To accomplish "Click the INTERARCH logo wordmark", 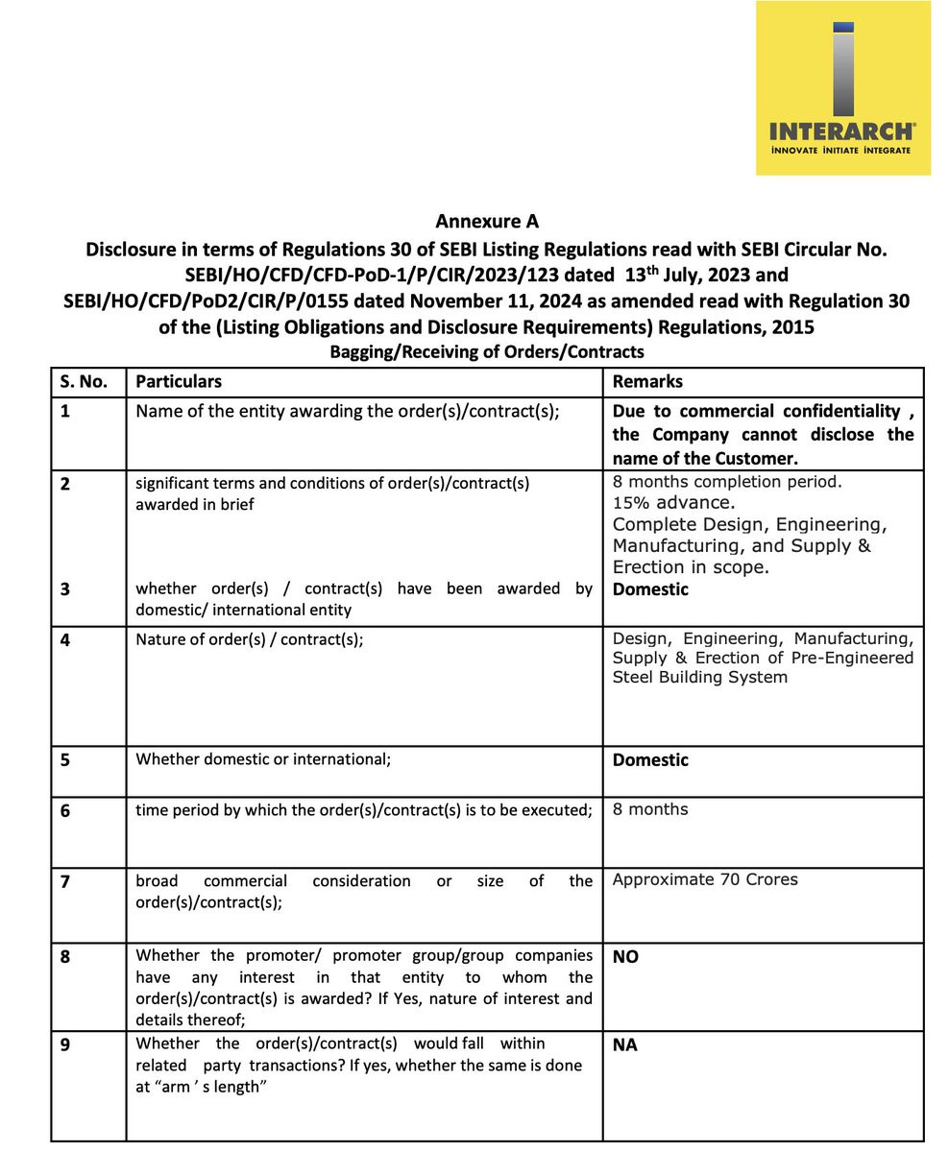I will pos(842,131).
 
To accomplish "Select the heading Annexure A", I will pos(487,221).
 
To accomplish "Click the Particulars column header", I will pos(179,381).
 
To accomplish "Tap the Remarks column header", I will pos(647,381).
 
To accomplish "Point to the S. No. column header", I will pos(84,381).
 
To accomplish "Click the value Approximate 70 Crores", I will pos(705,879).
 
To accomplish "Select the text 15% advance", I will pos(674,502).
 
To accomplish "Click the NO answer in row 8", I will pos(625,956).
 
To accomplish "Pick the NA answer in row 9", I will pos(625,1044).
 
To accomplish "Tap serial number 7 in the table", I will pos(65,881).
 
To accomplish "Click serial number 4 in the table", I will pos(65,639).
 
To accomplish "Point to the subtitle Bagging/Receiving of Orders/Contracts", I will pos(487,351).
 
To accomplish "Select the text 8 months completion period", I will pos(727,481).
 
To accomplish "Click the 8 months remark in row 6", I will pos(650,809).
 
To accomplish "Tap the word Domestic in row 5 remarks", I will pos(650,759).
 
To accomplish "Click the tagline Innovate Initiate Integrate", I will pos(842,150).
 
